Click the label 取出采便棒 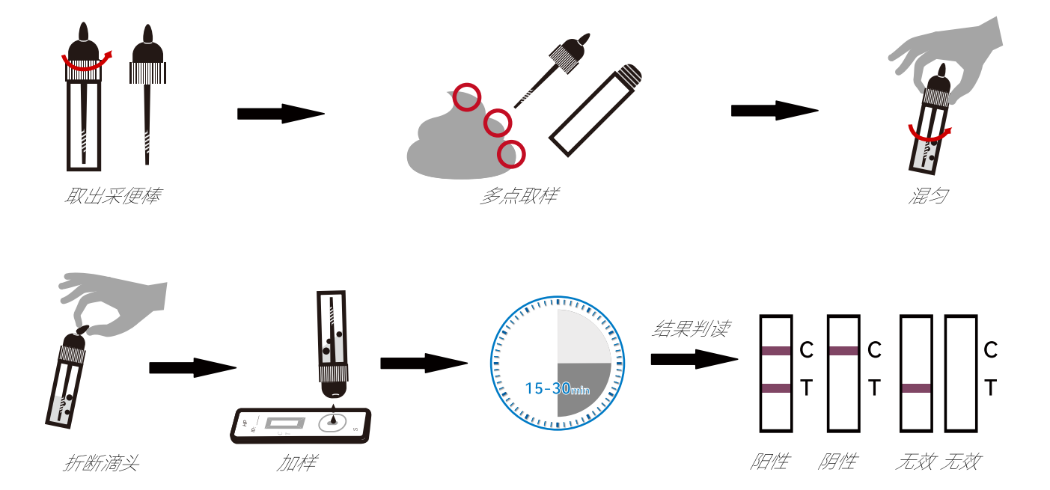(113, 197)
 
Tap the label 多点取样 (519, 197)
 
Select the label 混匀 (928, 197)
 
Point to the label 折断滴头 (101, 463)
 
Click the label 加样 (296, 463)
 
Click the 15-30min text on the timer (558, 389)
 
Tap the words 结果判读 (691, 328)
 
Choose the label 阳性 (769, 461)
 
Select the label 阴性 (837, 461)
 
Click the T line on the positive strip (776, 388)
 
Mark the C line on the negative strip (843, 350)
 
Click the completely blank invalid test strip (961, 374)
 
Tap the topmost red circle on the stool (468, 97)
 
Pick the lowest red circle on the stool (512, 153)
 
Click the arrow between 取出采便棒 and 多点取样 (281, 114)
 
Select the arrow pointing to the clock (424, 364)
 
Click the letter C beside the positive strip (806, 349)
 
